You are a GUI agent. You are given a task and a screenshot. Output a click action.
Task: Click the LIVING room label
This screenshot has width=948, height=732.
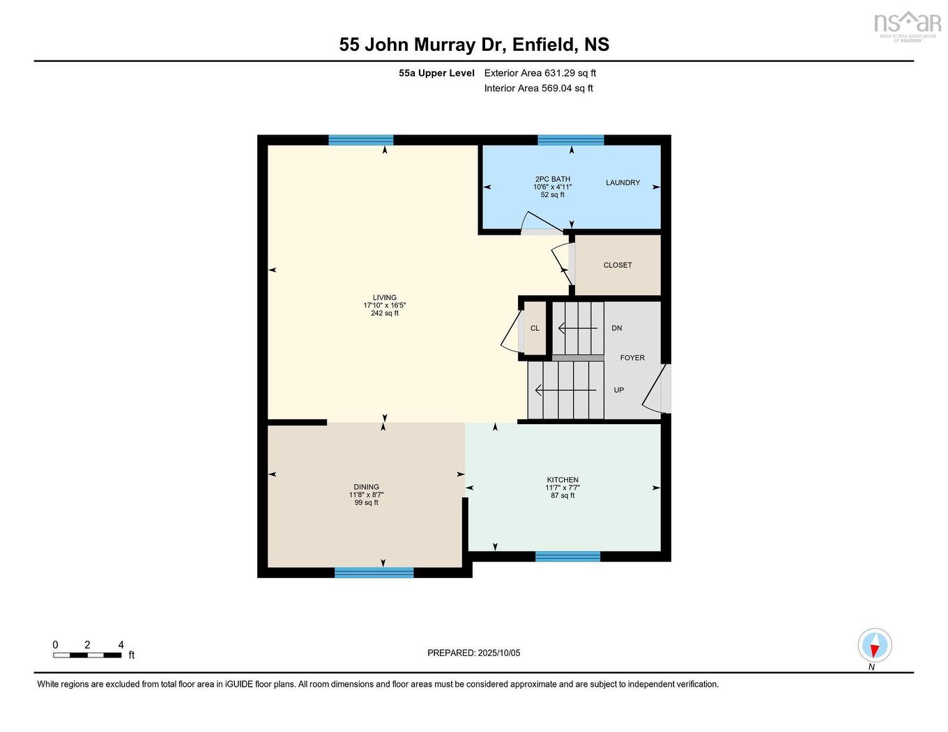(384, 297)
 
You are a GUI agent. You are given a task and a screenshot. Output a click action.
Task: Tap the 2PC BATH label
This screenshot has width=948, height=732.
(552, 179)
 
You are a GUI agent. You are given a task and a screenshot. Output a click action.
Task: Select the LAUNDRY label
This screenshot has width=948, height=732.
(622, 182)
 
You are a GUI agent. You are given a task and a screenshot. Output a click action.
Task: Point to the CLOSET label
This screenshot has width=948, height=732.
(618, 265)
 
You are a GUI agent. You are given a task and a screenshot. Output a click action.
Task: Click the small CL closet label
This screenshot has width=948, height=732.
(535, 328)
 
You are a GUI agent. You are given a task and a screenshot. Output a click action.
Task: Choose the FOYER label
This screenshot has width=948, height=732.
(632, 358)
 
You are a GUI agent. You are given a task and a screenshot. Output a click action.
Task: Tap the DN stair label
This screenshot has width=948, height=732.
(617, 328)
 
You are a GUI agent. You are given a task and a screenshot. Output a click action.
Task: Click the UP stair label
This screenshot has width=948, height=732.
(618, 390)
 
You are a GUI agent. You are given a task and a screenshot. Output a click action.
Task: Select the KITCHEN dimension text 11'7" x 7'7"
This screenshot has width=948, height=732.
(563, 488)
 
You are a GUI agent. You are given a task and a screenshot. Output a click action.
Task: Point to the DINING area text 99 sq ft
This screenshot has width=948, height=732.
(366, 503)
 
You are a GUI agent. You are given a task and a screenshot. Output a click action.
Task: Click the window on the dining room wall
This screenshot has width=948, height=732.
(374, 573)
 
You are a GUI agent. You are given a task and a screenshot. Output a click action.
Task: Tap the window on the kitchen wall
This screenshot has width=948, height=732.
(567, 556)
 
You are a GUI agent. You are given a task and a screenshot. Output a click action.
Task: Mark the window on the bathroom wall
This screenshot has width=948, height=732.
(571, 140)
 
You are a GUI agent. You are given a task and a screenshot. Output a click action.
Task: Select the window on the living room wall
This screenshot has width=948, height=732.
(361, 140)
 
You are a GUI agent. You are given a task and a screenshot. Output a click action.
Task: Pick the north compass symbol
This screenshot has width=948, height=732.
(874, 646)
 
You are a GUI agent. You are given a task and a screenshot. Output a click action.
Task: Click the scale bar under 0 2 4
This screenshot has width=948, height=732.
(87, 655)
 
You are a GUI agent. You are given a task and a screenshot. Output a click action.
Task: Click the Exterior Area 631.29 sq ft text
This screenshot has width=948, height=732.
(540, 72)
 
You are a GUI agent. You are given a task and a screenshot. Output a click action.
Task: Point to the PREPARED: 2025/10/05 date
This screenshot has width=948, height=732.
(473, 653)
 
